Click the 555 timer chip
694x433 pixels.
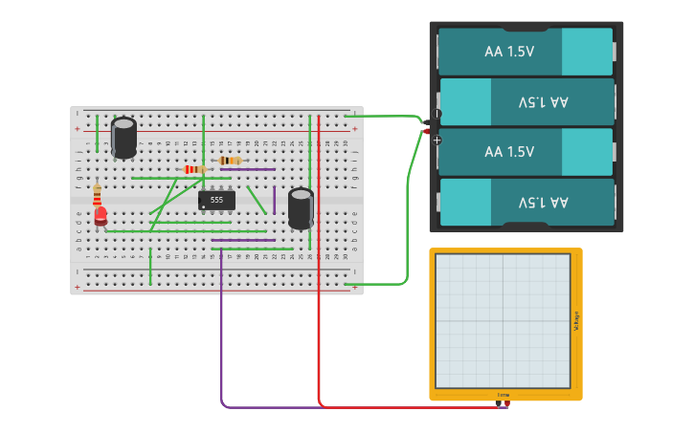pyautogui.click(x=216, y=200)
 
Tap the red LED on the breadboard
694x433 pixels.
pyautogui.click(x=101, y=216)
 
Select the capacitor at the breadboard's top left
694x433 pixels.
pyautogui.click(x=123, y=137)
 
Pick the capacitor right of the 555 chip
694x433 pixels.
pyautogui.click(x=301, y=207)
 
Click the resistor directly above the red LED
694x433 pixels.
pyautogui.click(x=97, y=195)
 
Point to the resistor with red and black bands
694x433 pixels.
pyautogui.click(x=194, y=169)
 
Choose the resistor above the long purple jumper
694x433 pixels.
pyautogui.click(x=230, y=160)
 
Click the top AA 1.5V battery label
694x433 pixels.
pyautogui.click(x=509, y=52)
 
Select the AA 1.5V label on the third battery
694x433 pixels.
pyautogui.click(x=509, y=152)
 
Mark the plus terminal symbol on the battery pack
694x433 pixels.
pyautogui.click(x=437, y=140)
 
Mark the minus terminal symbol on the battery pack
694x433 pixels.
pyautogui.click(x=437, y=114)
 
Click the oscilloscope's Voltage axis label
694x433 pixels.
pyautogui.click(x=576, y=322)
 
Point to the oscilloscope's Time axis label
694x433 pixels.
pyautogui.click(x=504, y=395)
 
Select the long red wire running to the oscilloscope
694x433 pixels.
pyautogui.click(x=319, y=335)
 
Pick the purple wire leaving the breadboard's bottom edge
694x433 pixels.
pyautogui.click(x=221, y=335)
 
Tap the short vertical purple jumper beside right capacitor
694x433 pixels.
pyautogui.click(x=274, y=200)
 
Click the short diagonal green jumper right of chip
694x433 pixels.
pyautogui.click(x=257, y=200)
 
